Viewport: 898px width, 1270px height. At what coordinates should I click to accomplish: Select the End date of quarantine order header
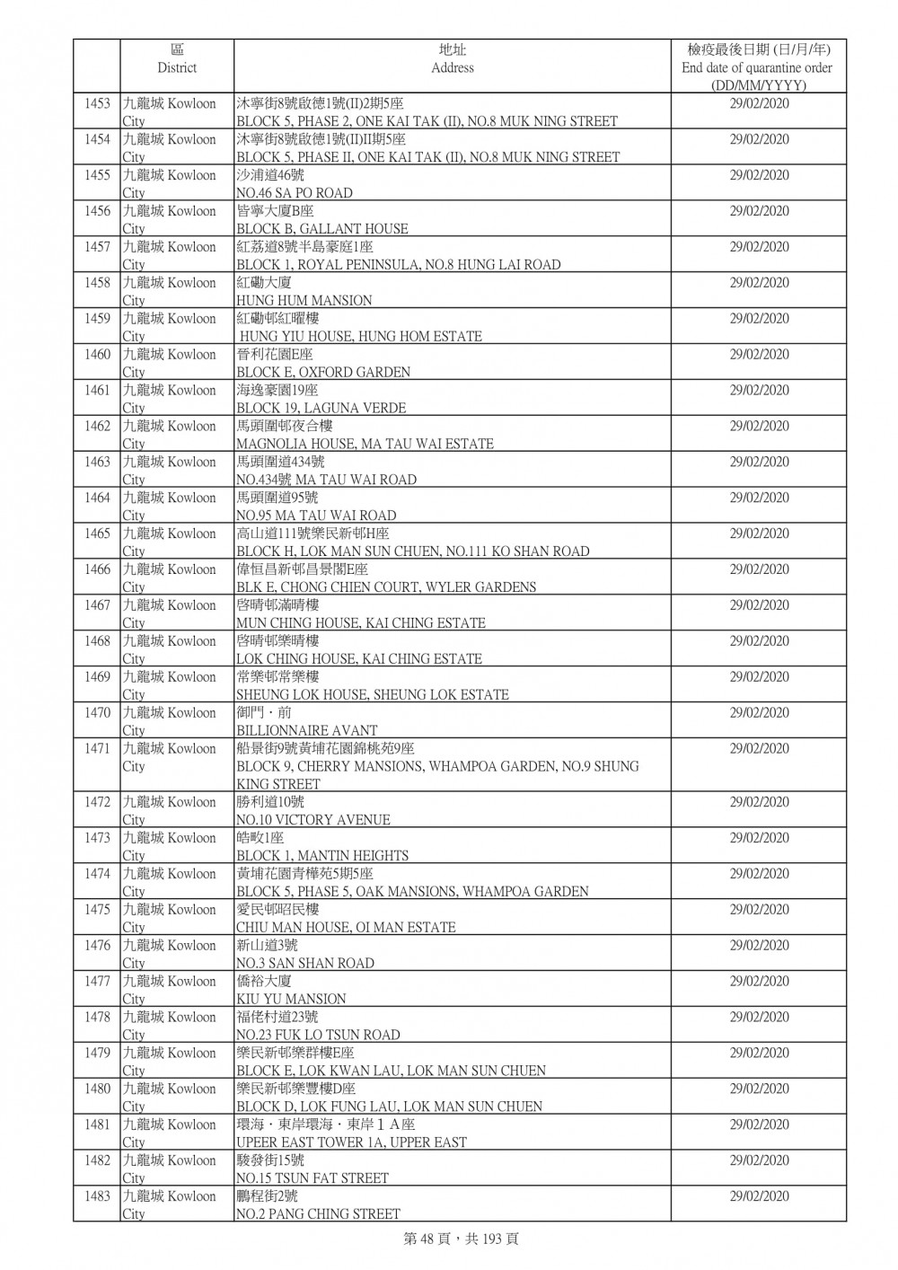pyautogui.click(x=757, y=67)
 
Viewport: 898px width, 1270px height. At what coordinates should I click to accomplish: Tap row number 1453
pyautogui.click(x=97, y=104)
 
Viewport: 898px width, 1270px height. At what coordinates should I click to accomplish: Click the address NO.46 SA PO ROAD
pyautogui.click(x=294, y=193)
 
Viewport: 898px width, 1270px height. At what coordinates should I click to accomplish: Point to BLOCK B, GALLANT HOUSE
pyautogui.click(x=321, y=229)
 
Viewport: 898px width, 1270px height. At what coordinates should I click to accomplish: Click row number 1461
pyautogui.click(x=97, y=391)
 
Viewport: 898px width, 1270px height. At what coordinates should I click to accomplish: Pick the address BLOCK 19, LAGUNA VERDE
pyautogui.click(x=321, y=409)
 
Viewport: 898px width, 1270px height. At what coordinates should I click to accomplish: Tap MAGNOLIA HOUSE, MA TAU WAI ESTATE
pyautogui.click(x=365, y=444)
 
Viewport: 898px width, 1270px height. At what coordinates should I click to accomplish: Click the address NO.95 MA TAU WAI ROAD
pyautogui.click(x=315, y=516)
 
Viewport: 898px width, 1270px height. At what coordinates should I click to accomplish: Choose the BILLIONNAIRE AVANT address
pyautogui.click(x=306, y=731)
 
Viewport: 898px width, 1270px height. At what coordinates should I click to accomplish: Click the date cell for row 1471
pyautogui.click(x=759, y=749)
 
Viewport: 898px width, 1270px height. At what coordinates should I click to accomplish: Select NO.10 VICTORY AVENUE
pyautogui.click(x=313, y=820)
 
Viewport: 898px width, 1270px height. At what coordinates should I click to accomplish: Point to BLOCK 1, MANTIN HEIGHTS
pyautogui.click(x=321, y=856)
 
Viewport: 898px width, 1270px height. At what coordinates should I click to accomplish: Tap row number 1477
pyautogui.click(x=97, y=982)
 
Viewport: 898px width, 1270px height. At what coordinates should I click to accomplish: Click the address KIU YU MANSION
pyautogui.click(x=290, y=999)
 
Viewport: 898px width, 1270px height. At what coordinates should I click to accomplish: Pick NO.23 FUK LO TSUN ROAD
pyautogui.click(x=318, y=1035)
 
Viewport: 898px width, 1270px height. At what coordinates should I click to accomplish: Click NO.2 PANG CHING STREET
pyautogui.click(x=318, y=1214)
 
